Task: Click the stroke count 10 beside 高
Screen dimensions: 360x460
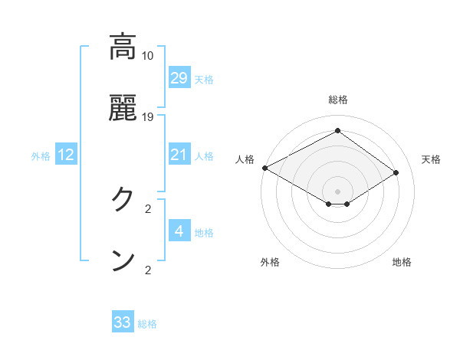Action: pos(148,56)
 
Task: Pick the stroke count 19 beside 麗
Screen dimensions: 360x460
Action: pos(148,117)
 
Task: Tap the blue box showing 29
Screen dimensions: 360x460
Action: pos(179,77)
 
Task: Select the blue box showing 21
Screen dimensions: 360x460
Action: pos(179,155)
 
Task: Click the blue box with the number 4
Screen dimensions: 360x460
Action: pos(179,231)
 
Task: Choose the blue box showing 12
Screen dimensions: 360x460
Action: pos(66,155)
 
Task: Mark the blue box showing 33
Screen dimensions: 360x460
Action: pos(123,322)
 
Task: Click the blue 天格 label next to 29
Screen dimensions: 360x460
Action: pos(204,80)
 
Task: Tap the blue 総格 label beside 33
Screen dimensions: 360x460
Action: pos(147,325)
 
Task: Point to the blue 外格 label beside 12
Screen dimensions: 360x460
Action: pos(41,156)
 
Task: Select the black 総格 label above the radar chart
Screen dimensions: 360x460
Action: pos(338,100)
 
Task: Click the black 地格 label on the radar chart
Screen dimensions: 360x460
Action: pos(402,262)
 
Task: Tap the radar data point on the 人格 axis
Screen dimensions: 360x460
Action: pos(264,168)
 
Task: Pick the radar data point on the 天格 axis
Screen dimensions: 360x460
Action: pos(396,173)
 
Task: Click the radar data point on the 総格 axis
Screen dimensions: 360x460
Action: pos(337,131)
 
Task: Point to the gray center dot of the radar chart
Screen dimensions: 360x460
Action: pos(338,191)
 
